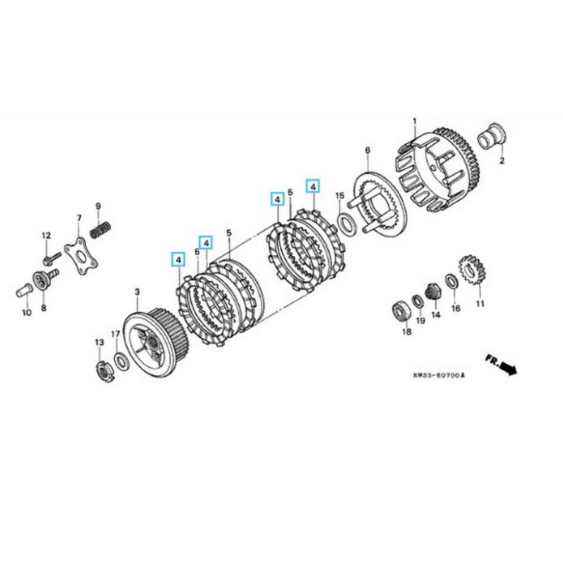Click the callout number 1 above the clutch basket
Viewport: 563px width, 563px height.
[415, 122]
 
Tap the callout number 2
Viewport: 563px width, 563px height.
[502, 160]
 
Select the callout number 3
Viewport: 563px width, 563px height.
[138, 291]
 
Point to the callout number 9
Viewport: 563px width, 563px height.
[98, 206]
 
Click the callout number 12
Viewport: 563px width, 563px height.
[46, 235]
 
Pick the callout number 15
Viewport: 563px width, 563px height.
[339, 196]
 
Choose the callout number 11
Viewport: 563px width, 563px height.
[480, 304]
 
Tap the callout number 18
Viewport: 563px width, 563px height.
[406, 330]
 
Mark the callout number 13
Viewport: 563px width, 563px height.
[99, 342]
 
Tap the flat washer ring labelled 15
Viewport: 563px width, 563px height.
[347, 222]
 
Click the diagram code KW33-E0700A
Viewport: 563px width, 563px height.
[440, 376]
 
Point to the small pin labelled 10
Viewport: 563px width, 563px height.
[23, 289]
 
